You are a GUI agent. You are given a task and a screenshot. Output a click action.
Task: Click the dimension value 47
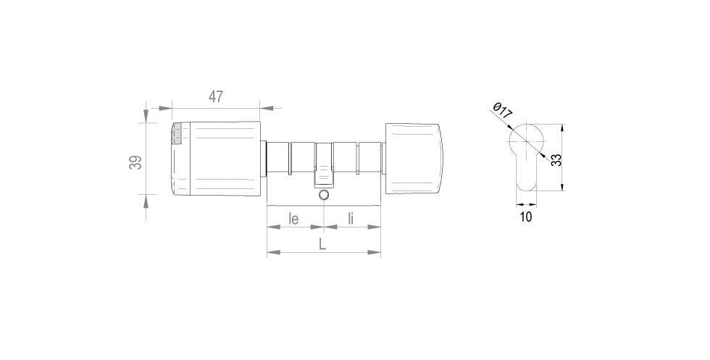pos(216,96)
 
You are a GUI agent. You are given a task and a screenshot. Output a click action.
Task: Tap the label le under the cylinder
pos(294,217)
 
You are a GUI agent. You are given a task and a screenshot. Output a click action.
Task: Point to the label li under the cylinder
pos(351,217)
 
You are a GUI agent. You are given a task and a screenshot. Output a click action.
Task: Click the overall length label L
pos(323,244)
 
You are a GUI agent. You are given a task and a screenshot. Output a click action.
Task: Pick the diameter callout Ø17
pos(502,113)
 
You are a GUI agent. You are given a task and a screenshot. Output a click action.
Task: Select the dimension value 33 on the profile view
pos(556,160)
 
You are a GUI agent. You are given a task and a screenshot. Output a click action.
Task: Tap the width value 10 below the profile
pos(526,217)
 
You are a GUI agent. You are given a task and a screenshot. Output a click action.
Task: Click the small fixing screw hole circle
pos(324,196)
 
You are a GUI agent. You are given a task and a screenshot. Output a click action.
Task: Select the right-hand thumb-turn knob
pos(413,159)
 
